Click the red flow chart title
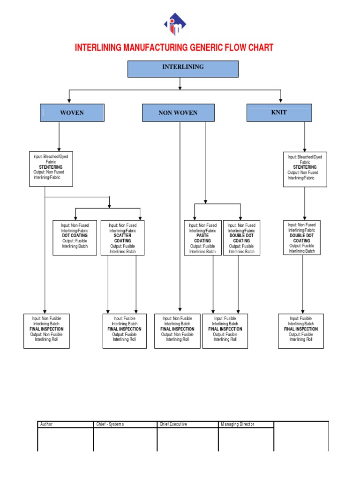point(174,48)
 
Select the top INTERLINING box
point(183,68)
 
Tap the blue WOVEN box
point(72,112)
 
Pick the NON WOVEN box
point(178,113)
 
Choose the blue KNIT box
point(278,112)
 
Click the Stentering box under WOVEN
point(51,169)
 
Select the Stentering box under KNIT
point(305,169)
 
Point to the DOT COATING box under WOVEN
point(75,238)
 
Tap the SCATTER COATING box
point(122,238)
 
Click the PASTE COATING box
point(202,238)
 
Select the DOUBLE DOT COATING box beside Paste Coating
point(241,238)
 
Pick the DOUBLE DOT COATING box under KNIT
point(305,238)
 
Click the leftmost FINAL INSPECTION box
point(46,331)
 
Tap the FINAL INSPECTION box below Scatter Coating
point(124,331)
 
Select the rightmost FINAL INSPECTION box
point(301,331)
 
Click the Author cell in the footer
point(66,424)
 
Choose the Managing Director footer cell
point(246,424)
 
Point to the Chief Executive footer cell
point(187,424)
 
